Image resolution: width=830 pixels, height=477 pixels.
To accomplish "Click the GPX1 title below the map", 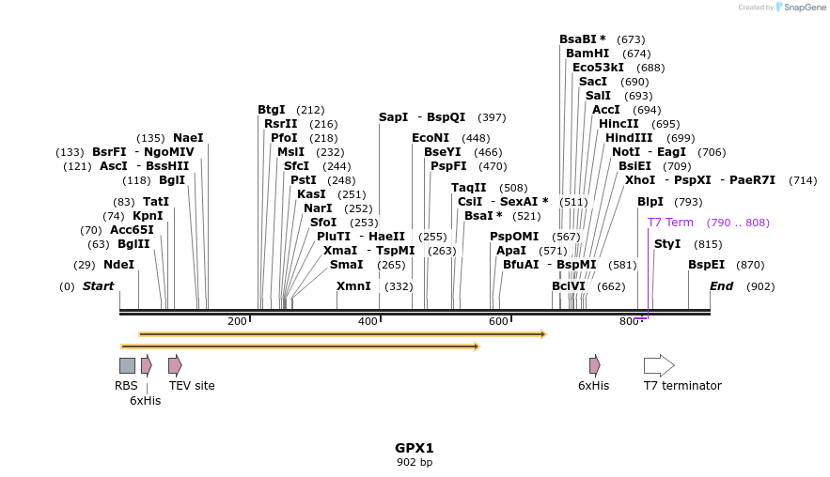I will click(414, 448).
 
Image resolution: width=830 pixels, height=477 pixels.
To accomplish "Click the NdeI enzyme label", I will click(119, 265).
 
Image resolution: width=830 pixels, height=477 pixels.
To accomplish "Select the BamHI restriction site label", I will click(587, 54).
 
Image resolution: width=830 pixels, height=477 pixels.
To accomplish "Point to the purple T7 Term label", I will click(670, 223).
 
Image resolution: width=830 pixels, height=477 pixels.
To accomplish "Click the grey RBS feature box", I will click(127, 365).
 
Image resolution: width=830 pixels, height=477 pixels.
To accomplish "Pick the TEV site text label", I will click(192, 385).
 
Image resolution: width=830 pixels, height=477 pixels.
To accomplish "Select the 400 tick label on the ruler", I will click(368, 321).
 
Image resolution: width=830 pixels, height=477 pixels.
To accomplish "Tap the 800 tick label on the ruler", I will click(629, 321).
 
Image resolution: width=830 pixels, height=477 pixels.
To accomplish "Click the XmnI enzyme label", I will click(353, 286).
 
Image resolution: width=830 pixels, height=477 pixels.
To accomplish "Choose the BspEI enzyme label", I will click(707, 265).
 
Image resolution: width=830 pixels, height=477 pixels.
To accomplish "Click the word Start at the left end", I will click(98, 286).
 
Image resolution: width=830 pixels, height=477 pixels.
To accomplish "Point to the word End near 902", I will click(721, 286).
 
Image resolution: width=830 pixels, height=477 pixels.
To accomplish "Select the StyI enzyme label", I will click(667, 244).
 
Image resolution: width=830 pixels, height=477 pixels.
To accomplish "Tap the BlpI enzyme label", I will click(650, 202).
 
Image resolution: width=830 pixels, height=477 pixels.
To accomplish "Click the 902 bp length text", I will click(414, 462).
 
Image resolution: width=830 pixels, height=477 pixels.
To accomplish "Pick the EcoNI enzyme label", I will click(431, 138).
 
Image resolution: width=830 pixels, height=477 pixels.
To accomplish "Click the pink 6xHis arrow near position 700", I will click(594, 365).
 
